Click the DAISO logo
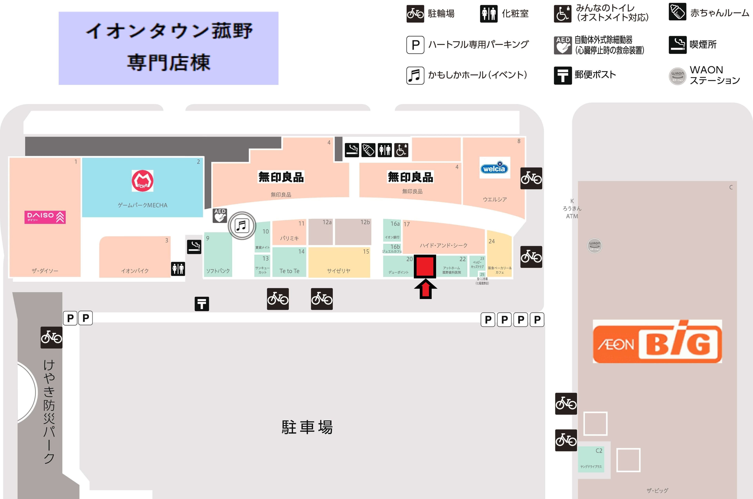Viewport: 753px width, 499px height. point(45,217)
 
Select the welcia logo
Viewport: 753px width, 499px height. point(495,168)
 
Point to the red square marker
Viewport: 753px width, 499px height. point(425,266)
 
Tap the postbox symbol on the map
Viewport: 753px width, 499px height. point(202,304)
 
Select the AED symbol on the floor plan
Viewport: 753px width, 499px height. point(220,216)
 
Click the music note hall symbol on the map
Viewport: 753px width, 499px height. point(242,226)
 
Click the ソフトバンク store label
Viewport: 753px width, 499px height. point(218,271)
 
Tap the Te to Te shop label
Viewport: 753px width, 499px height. point(289,271)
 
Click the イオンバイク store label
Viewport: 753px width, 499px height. point(135,271)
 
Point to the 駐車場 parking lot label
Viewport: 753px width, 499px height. point(307,427)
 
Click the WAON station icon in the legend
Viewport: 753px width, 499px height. point(677,76)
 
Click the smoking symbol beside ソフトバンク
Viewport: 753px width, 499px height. point(194,247)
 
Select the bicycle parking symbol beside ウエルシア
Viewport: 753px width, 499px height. point(531,178)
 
